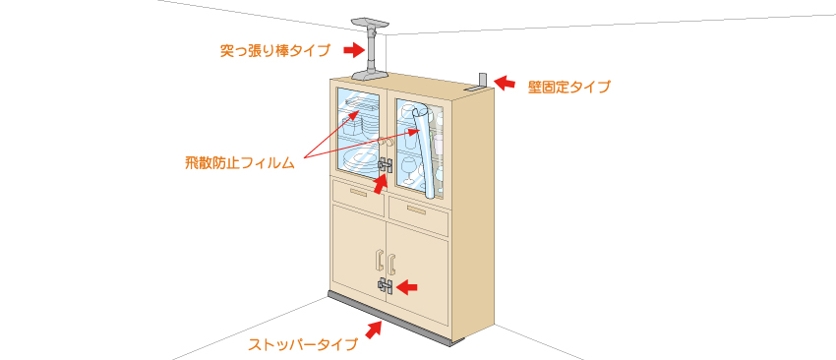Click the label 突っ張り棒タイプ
click(x=275, y=51)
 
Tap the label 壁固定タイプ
click(x=568, y=87)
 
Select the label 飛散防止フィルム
click(x=240, y=163)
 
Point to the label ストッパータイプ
click(x=302, y=344)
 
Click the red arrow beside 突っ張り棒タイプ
click(x=352, y=50)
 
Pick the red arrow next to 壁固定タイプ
click(x=505, y=83)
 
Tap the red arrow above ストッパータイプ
click(x=375, y=330)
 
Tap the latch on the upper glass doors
click(x=385, y=166)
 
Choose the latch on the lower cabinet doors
click(x=386, y=286)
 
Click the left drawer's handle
click(x=358, y=192)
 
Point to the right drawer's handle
click(x=416, y=210)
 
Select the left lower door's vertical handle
click(x=379, y=261)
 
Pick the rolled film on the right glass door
click(x=425, y=152)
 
